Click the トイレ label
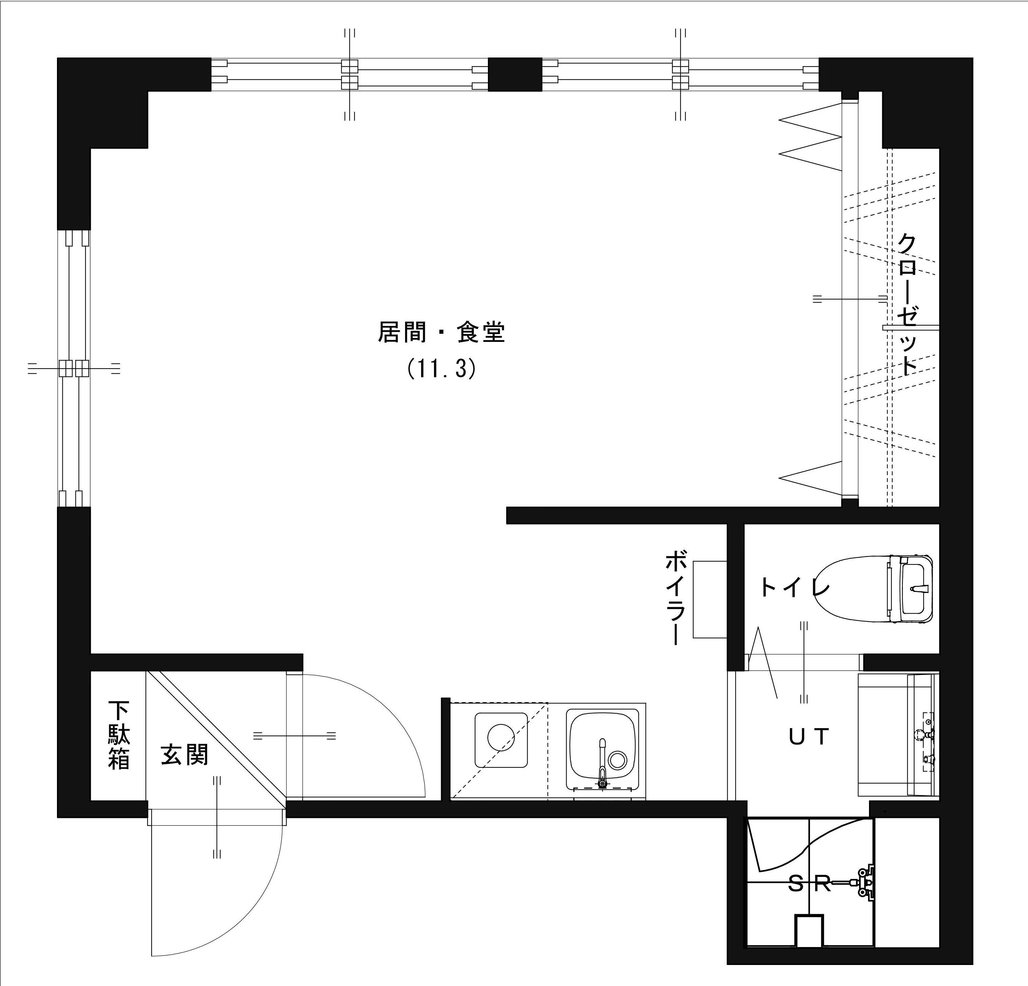[x=795, y=588]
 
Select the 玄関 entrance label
[x=185, y=755]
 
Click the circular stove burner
[x=500, y=737]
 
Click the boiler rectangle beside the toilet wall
[x=710, y=599]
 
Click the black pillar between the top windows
[x=515, y=75]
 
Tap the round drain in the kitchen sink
[x=617, y=760]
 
